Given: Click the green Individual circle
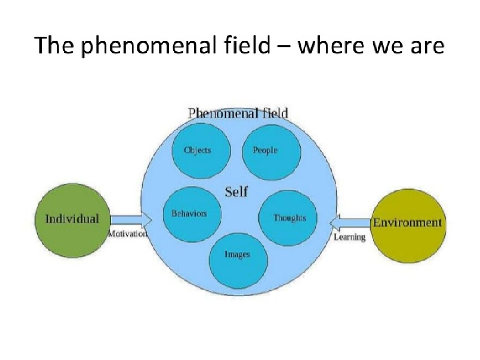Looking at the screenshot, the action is point(73,220).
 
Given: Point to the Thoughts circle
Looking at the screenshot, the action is point(288,218).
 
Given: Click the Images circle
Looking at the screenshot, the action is point(238,255).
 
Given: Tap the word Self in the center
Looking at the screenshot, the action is point(236,192).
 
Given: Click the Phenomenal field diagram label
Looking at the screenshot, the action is point(238,113).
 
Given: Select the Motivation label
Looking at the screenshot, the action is point(127,233).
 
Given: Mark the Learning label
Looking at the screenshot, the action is point(349,237).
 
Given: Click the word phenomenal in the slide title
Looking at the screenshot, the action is point(133,46).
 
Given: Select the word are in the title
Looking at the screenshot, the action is point(425,46).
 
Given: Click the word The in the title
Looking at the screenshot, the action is point(52,46).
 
